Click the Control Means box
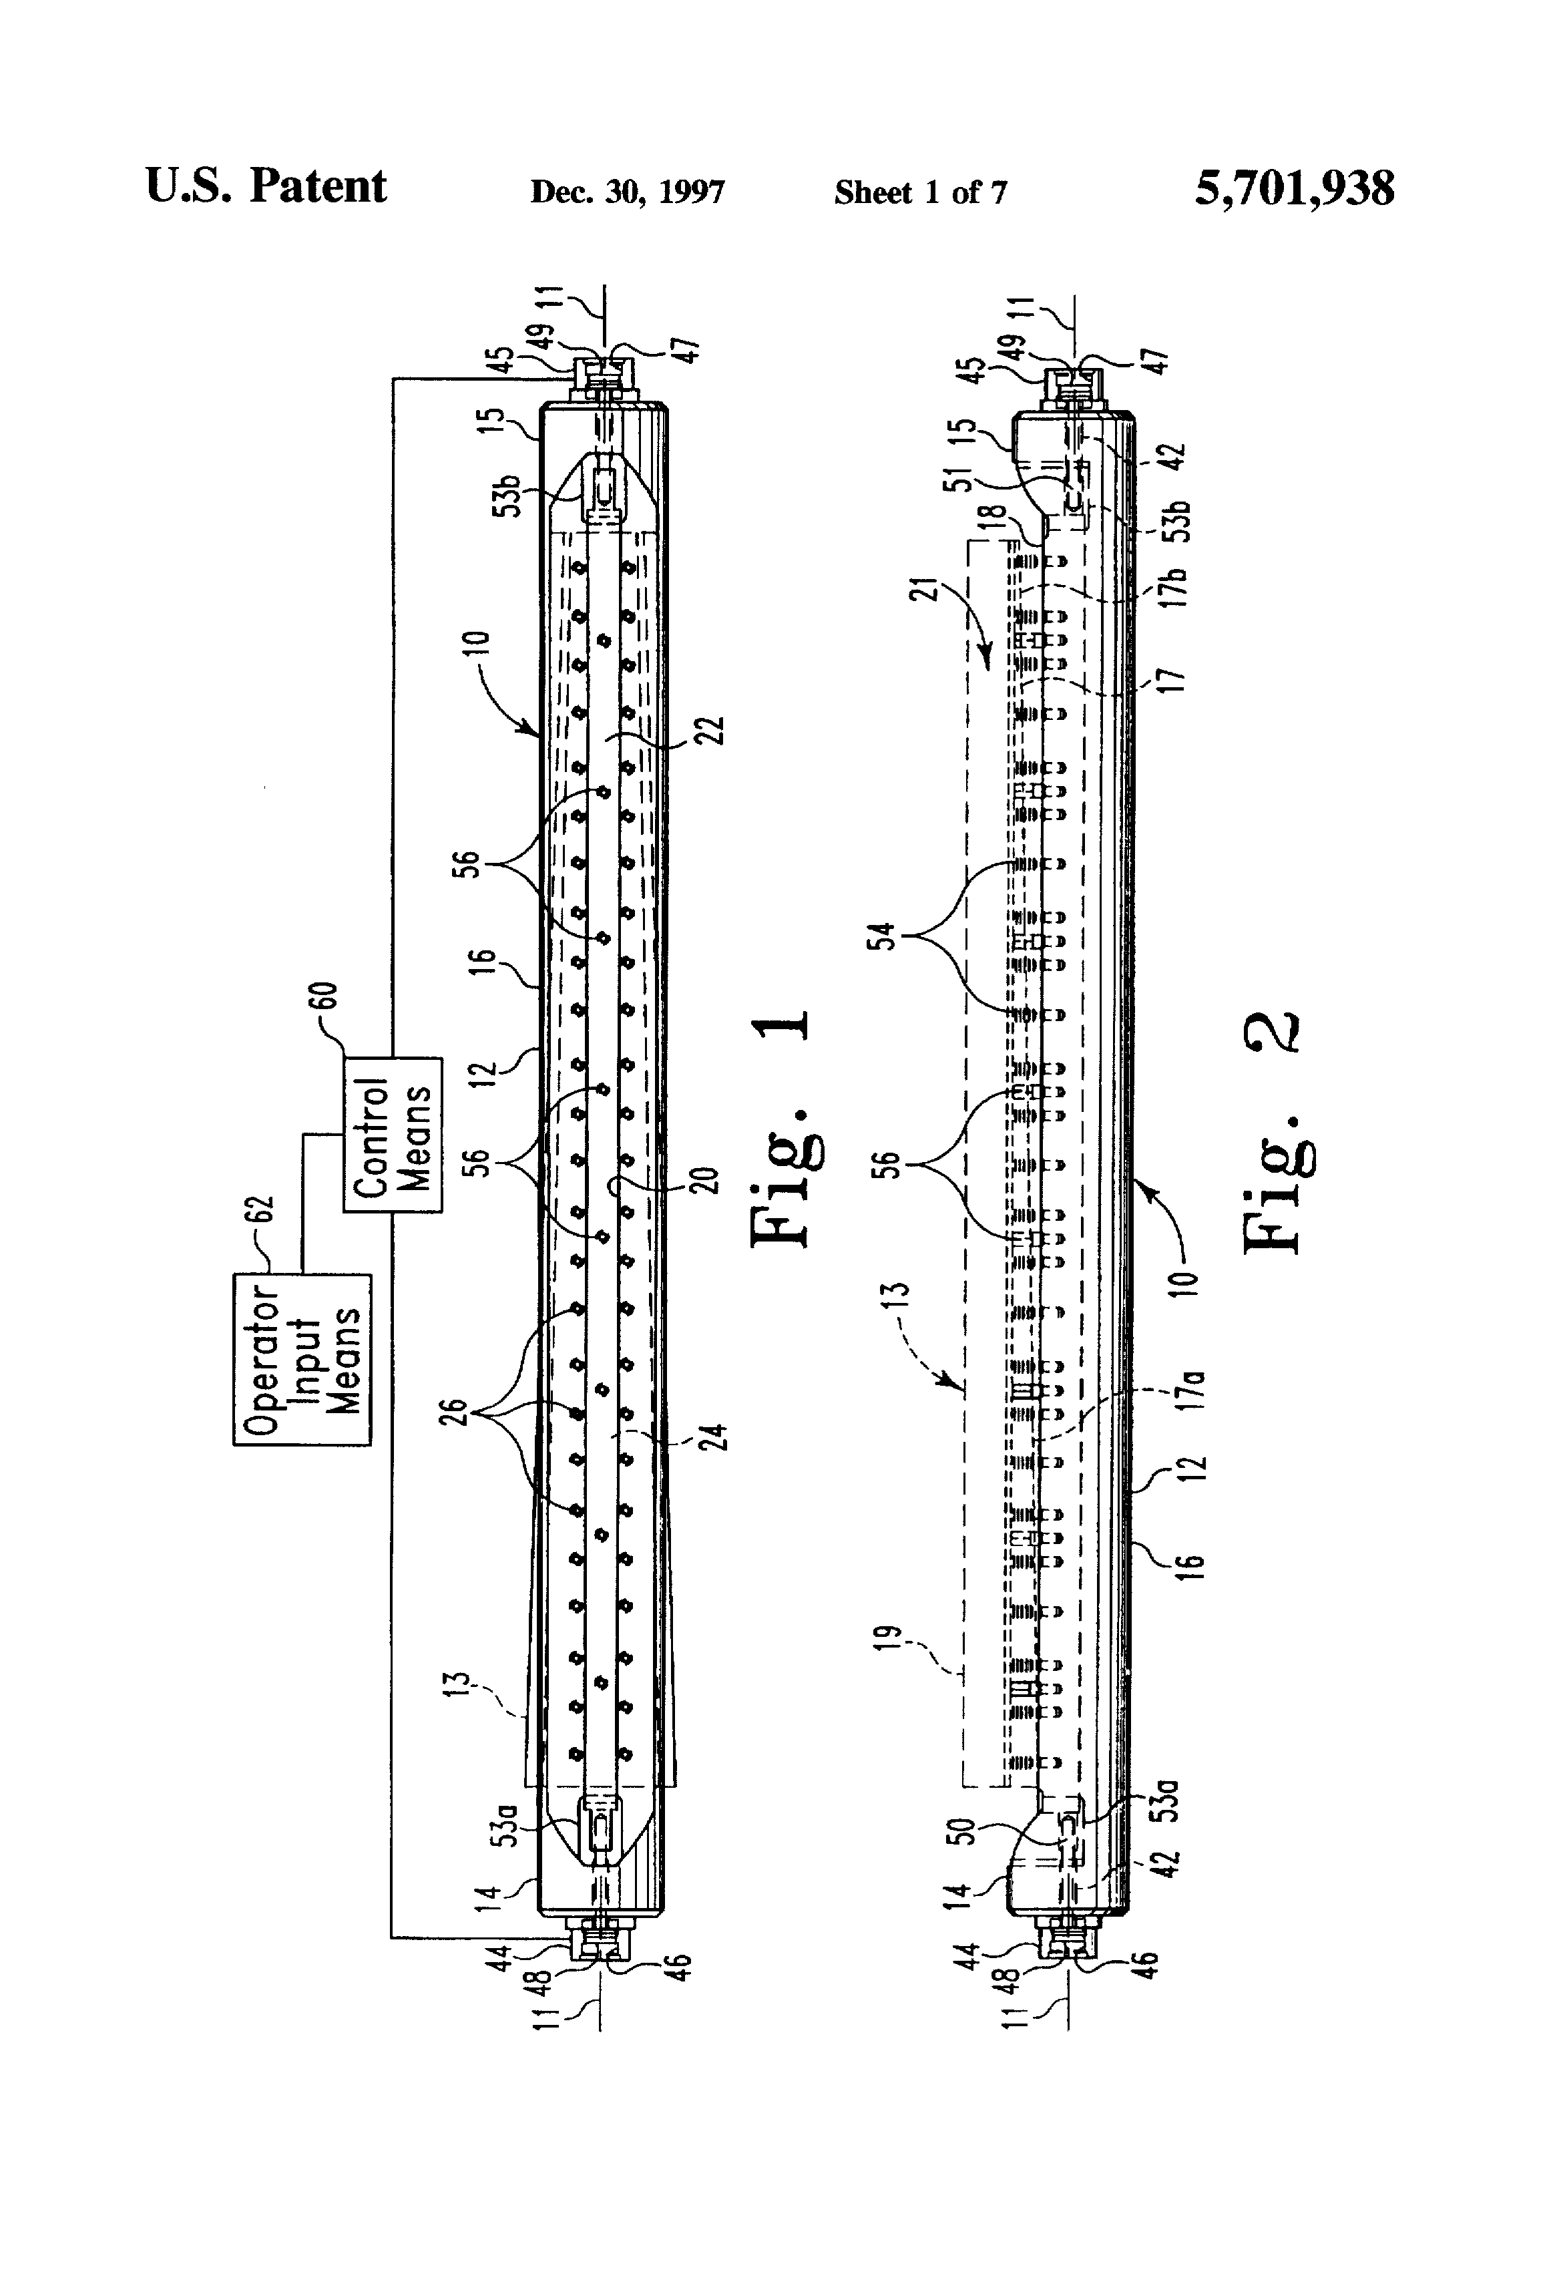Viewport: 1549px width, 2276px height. coord(393,1134)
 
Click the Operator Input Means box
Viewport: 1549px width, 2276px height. coord(302,1358)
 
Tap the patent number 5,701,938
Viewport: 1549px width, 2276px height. coord(1293,188)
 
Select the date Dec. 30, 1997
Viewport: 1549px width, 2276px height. coord(628,192)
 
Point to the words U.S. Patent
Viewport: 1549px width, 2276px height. coord(266,186)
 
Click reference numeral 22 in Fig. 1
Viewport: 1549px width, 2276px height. coord(714,731)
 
